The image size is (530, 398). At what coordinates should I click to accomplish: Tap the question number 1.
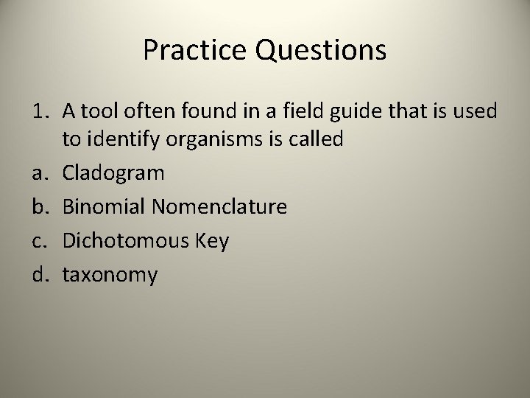point(38,111)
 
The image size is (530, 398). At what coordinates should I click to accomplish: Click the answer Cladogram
point(113,174)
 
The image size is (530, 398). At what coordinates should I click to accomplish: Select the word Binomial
point(104,207)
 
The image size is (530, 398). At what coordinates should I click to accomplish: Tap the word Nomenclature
point(219,207)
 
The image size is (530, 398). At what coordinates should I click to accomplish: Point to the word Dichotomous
point(124,241)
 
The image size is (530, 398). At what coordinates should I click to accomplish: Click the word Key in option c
point(213,242)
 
